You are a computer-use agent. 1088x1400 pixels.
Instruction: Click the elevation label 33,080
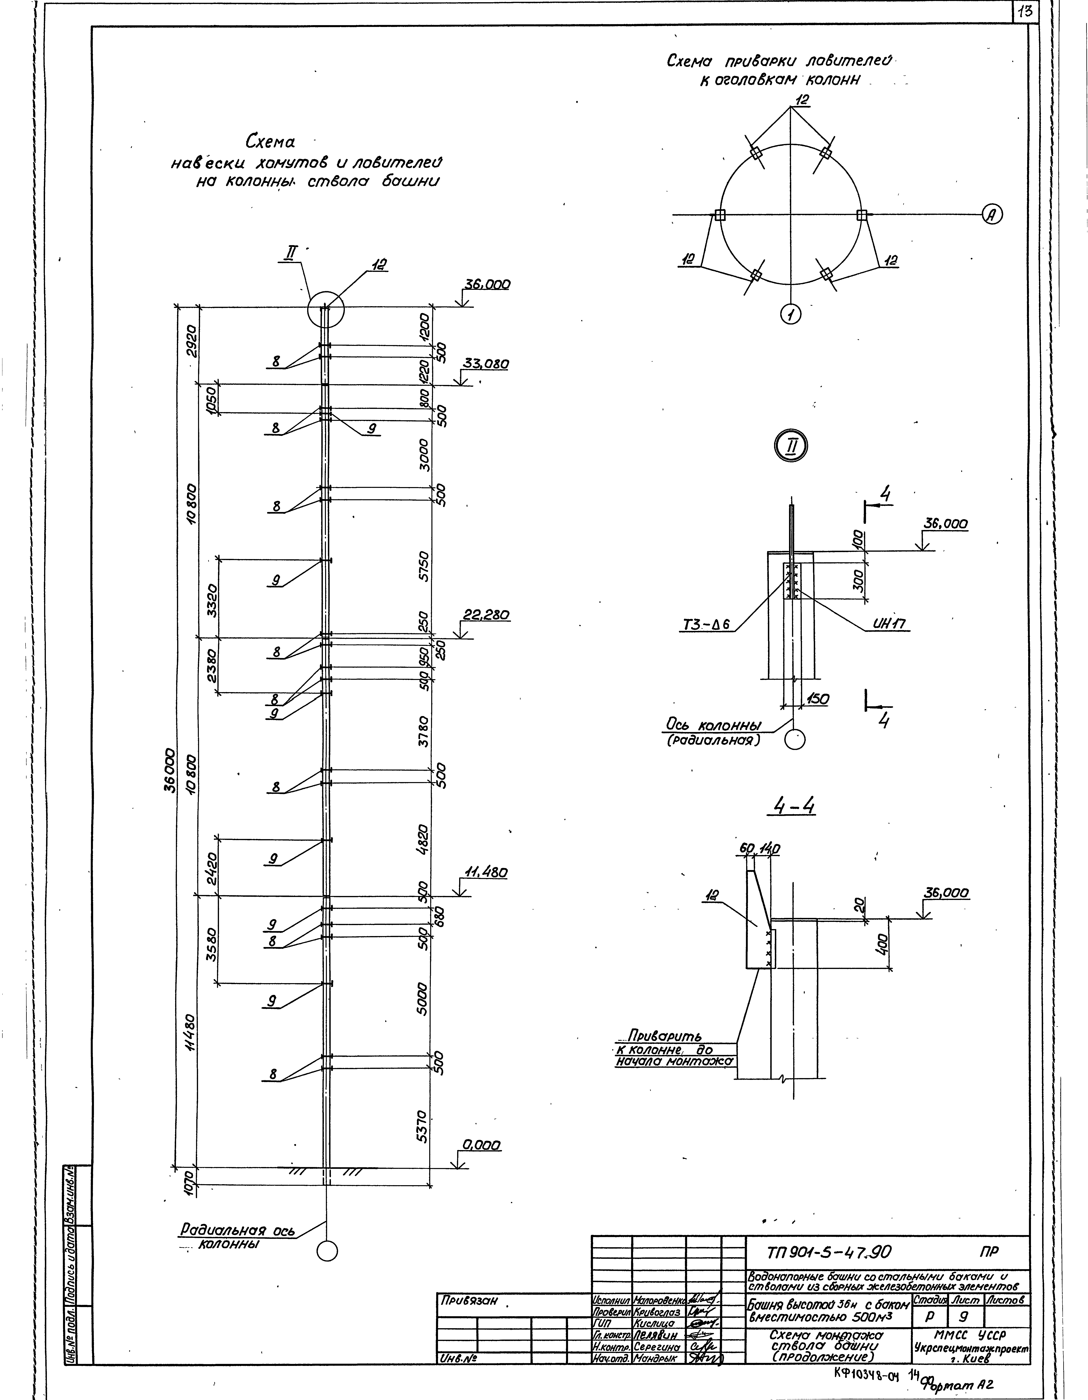485,364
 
